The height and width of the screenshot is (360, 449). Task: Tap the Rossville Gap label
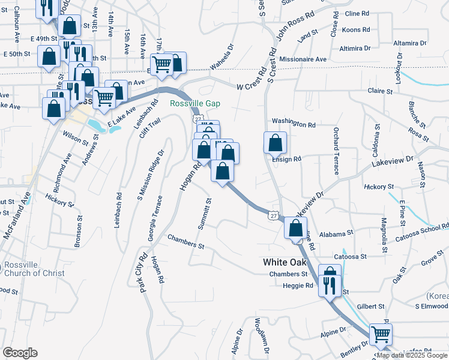tap(195, 104)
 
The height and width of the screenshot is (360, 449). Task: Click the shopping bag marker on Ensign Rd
tap(275, 143)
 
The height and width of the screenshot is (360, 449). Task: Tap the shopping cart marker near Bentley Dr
tap(381, 334)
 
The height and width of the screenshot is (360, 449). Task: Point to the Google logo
tap(20, 353)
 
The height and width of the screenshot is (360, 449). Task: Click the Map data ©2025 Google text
tap(412, 355)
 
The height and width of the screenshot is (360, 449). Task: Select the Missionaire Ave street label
tap(303, 59)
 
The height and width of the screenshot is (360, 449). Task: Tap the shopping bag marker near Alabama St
tap(295, 228)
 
